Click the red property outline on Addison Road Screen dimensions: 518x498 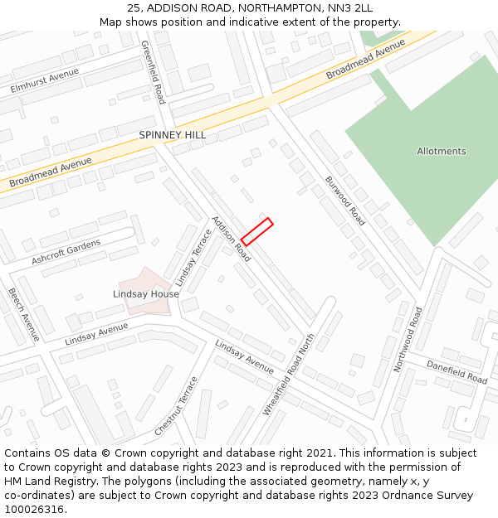click(x=257, y=232)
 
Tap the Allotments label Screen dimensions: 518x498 click(x=442, y=152)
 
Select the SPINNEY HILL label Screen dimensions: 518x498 click(x=173, y=135)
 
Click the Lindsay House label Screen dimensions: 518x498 click(x=146, y=294)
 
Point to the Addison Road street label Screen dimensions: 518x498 click(x=231, y=240)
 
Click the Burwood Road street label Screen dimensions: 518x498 click(x=344, y=201)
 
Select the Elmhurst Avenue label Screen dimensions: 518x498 click(x=45, y=80)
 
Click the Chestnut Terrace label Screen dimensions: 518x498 click(x=176, y=407)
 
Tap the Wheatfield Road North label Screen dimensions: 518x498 click(x=290, y=375)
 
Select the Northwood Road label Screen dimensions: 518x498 click(x=409, y=339)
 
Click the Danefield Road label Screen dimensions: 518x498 click(x=457, y=371)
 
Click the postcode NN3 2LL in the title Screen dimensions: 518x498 click(x=351, y=8)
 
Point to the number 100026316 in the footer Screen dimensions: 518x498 click(x=36, y=509)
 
